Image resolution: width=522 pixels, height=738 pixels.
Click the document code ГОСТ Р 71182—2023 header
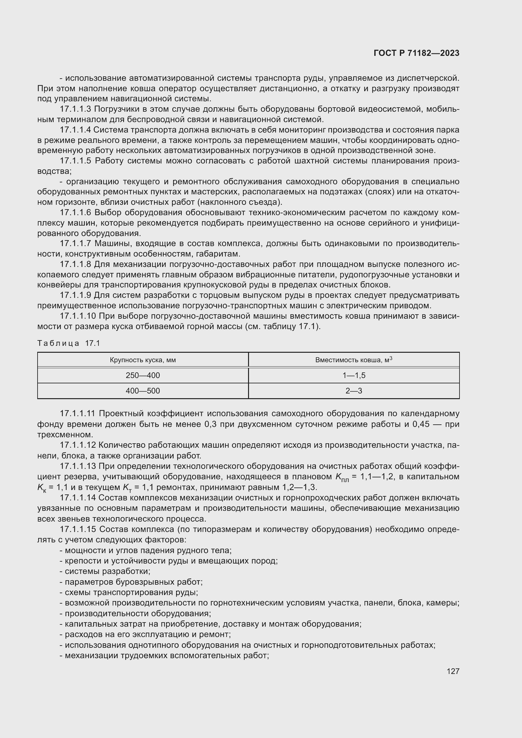[416, 53]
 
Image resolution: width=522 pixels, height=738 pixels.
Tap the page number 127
[453, 671]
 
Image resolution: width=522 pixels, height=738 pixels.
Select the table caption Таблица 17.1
[69, 343]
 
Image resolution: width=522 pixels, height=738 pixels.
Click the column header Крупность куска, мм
[143, 360]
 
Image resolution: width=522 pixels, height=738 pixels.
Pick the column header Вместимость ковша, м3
[353, 360]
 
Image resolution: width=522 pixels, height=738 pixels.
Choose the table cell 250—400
[143, 375]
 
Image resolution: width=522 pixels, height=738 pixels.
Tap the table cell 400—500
[143, 391]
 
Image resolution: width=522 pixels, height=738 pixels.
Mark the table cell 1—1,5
[353, 375]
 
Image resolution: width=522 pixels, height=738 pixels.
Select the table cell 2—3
[353, 391]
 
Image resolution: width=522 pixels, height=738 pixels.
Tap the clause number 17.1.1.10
[77, 316]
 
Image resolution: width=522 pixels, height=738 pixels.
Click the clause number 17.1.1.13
[77, 466]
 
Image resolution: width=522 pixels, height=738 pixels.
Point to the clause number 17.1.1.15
[77, 529]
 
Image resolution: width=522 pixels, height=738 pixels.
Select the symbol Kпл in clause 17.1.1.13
[342, 477]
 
